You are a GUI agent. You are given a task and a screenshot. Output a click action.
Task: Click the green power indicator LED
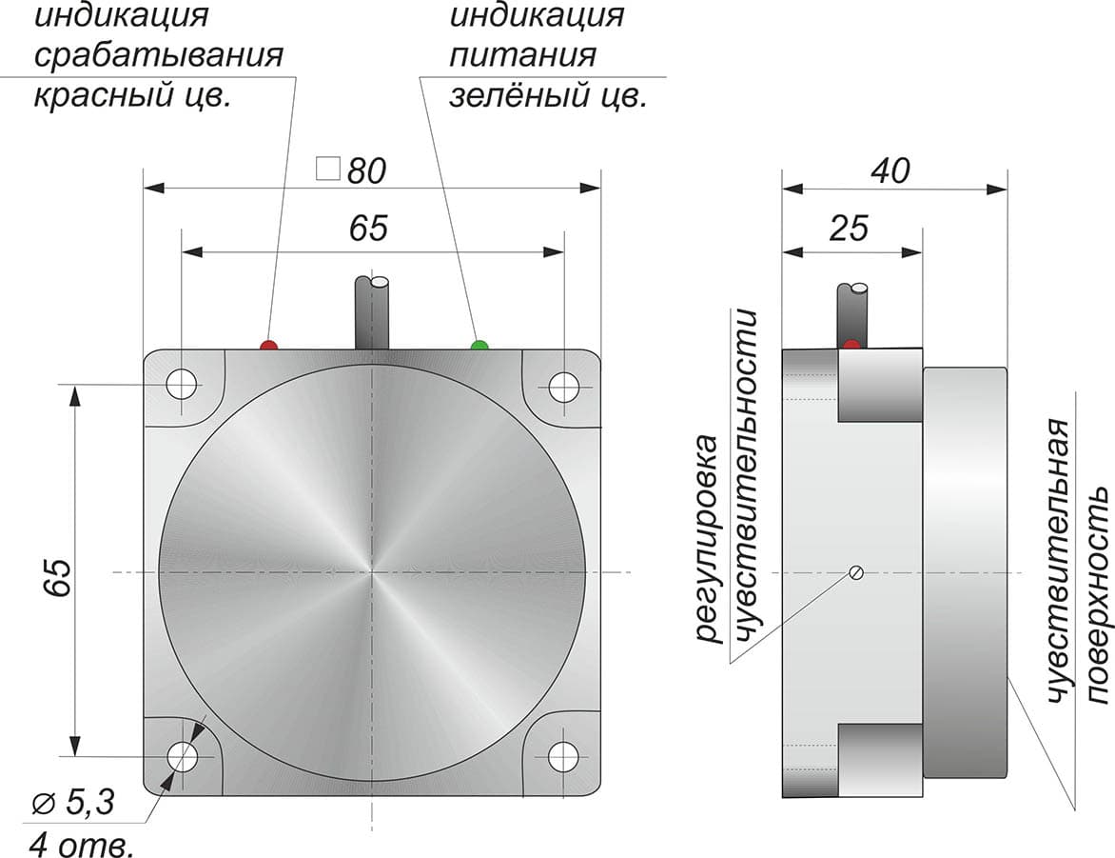(x=480, y=346)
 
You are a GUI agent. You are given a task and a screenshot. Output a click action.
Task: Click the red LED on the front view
(x=269, y=346)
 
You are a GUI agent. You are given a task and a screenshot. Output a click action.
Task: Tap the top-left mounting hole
(x=182, y=385)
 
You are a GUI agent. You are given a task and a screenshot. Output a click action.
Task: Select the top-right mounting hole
(x=564, y=387)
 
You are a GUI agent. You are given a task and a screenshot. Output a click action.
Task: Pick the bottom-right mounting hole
(x=564, y=755)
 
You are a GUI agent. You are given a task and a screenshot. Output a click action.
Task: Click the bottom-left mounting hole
(x=183, y=755)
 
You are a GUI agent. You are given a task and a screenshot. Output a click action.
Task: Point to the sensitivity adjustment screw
(x=856, y=571)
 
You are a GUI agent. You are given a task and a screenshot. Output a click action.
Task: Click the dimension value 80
(x=366, y=170)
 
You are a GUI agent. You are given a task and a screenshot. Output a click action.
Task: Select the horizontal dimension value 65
(x=368, y=229)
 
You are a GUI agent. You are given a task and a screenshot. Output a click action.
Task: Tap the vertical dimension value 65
(x=58, y=577)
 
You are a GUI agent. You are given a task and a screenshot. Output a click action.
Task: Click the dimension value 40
(x=890, y=170)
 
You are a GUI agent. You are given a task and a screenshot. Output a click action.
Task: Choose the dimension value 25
(x=849, y=229)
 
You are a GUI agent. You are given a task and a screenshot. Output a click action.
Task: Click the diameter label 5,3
(x=73, y=803)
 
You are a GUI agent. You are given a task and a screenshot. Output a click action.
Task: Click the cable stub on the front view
(x=372, y=312)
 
